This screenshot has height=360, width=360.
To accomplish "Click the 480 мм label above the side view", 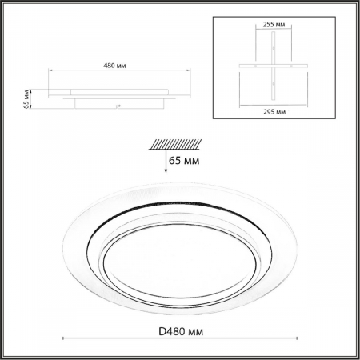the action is (x=114, y=66).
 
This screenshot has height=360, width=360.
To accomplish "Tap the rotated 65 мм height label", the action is (x=26, y=99).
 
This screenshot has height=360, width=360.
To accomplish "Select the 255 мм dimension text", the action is (x=274, y=25).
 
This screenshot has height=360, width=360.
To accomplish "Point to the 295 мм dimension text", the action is (x=274, y=112).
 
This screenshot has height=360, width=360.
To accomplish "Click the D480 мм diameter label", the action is (x=181, y=331).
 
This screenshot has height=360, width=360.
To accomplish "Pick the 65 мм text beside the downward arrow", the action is (x=184, y=161).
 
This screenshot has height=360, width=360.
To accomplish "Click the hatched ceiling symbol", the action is (x=175, y=144).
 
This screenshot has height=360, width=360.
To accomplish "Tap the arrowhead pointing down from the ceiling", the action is (x=166, y=170).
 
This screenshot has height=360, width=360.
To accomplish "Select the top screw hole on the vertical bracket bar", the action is (x=274, y=48).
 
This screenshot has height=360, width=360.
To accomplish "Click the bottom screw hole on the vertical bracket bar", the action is (x=274, y=84).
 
